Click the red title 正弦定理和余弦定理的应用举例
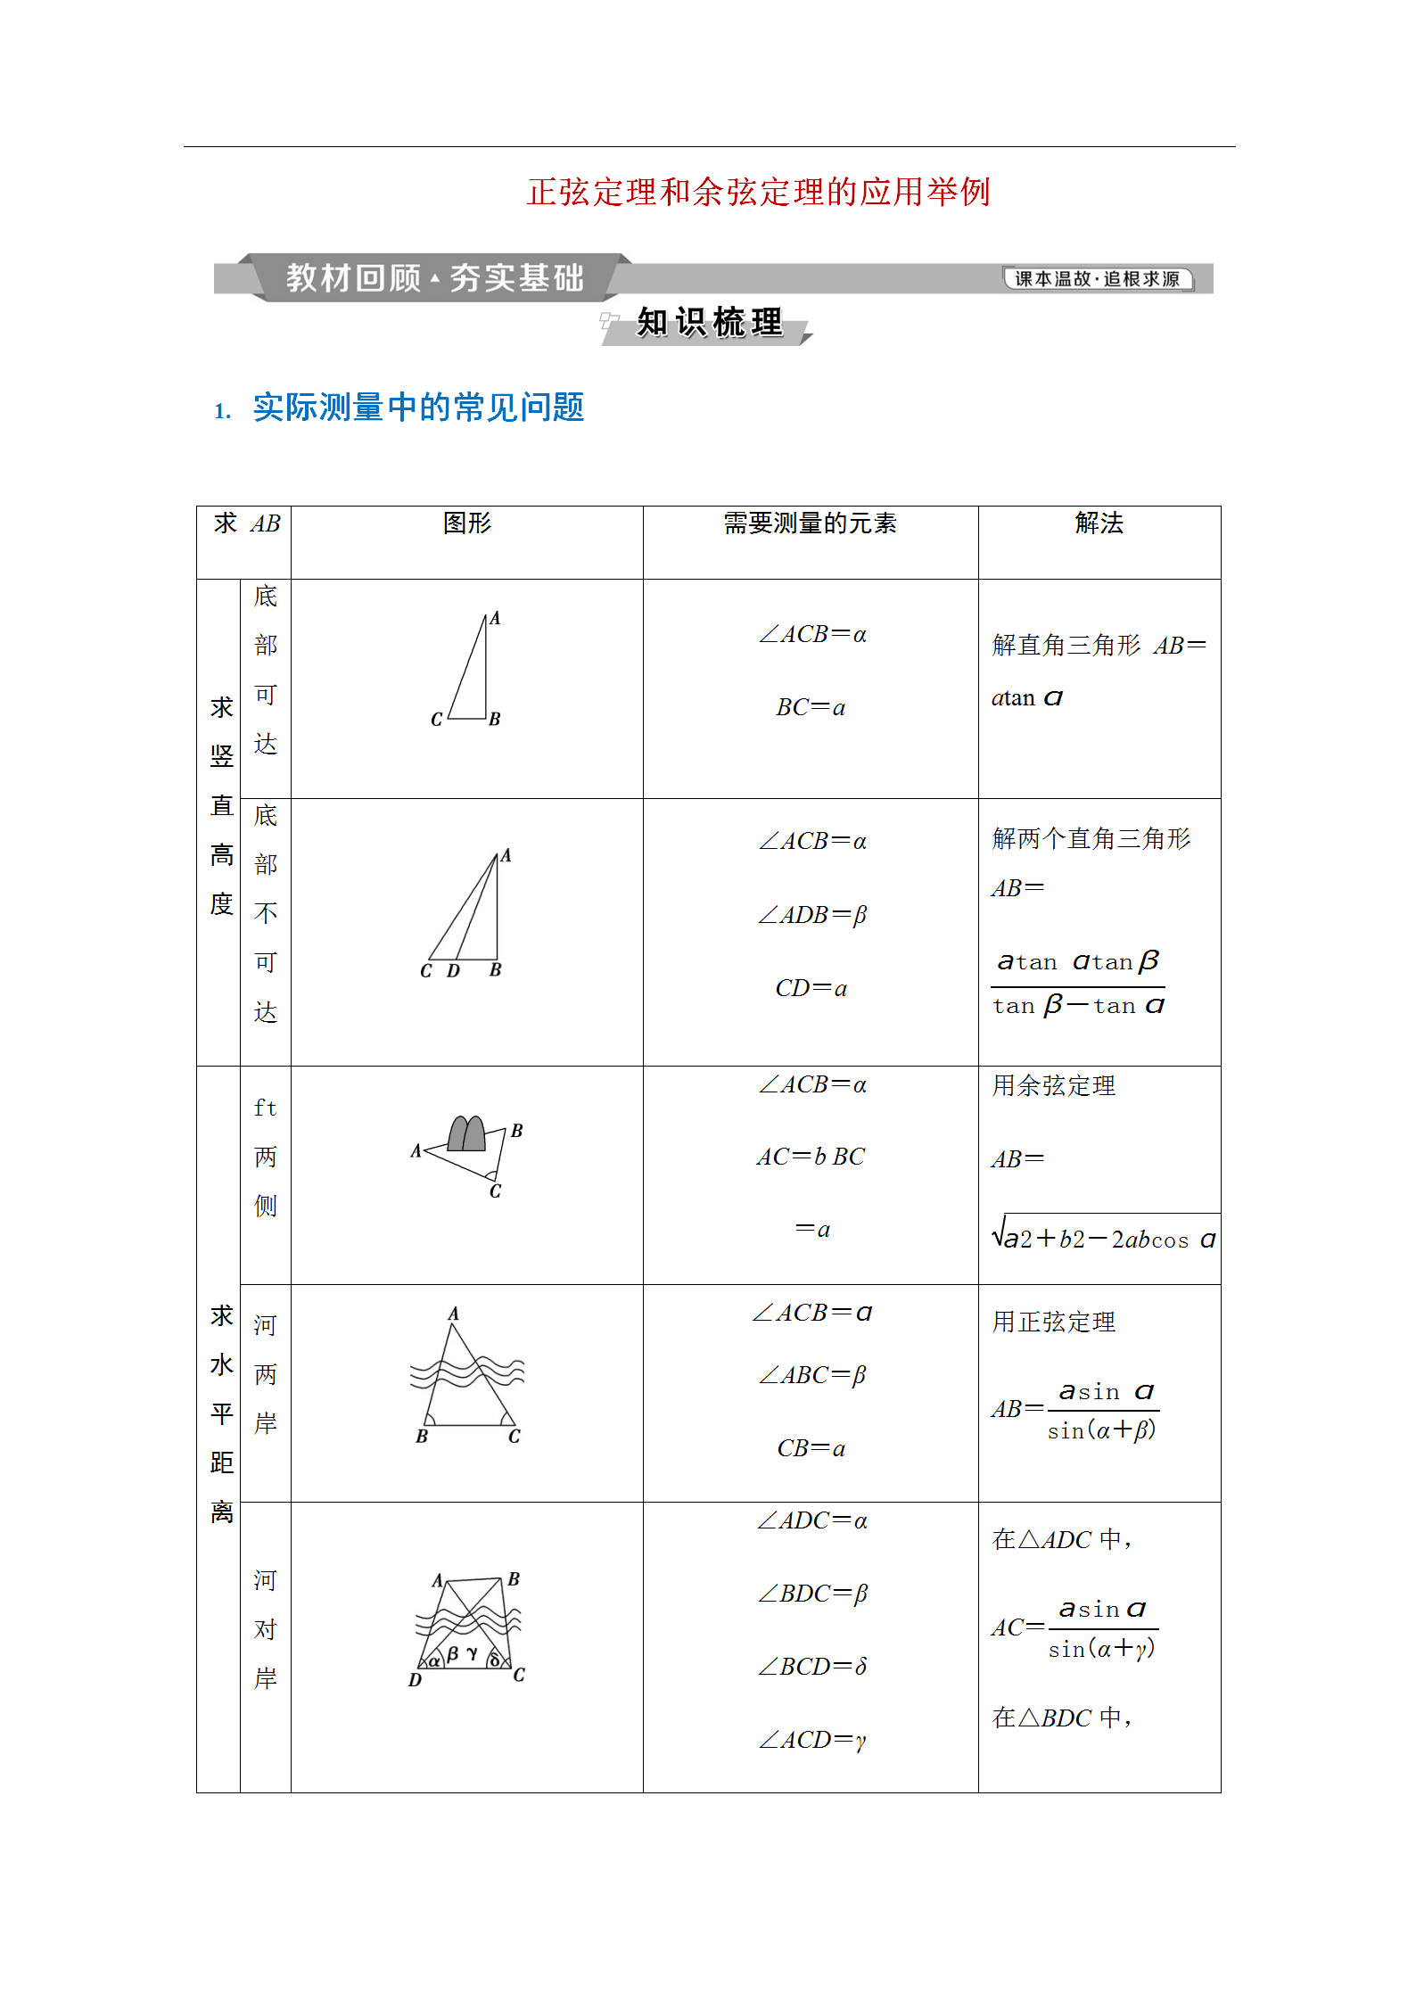tap(758, 192)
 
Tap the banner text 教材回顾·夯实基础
tap(434, 278)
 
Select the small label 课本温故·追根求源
tap(1097, 279)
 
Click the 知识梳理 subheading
tap(709, 323)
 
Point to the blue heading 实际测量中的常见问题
tap(418, 408)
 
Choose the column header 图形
tap(467, 523)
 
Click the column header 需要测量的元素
tap(810, 523)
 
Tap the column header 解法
tap(1099, 523)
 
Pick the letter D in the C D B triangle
tap(453, 971)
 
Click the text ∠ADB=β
tap(811, 915)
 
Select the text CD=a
tap(811, 988)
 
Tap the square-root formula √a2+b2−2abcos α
tap(1104, 1237)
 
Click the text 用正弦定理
tap(1054, 1322)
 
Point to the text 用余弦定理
tap(1054, 1085)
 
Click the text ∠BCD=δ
tap(811, 1666)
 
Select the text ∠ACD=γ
tap(811, 1739)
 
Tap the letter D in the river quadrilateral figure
tap(415, 1680)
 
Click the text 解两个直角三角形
tap(1091, 838)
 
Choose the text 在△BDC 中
tap(1061, 1718)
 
